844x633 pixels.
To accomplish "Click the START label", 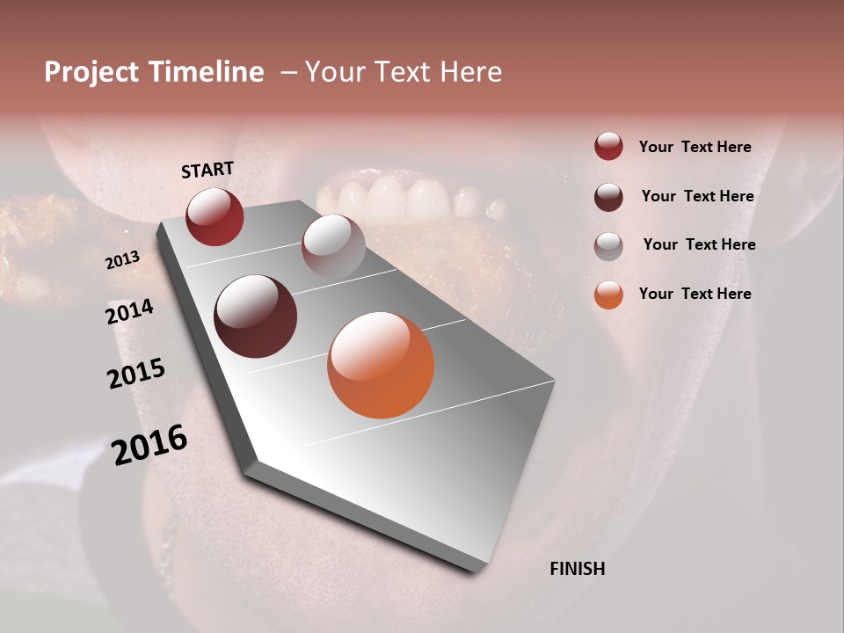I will [x=207, y=170].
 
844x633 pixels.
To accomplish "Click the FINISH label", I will [x=578, y=569].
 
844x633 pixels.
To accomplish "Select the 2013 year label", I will [x=122, y=260].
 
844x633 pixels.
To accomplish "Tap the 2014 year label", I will [x=130, y=312].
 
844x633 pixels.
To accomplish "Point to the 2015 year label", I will [x=136, y=374].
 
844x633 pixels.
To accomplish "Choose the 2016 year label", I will [x=150, y=445].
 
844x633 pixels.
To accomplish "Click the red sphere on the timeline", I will [x=215, y=216].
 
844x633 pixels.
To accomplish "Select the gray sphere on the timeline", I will [x=333, y=245].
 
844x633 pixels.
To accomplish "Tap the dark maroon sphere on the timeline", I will [x=256, y=316].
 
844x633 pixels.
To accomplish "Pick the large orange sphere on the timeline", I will [x=381, y=365].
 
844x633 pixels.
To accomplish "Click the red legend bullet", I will [x=608, y=147].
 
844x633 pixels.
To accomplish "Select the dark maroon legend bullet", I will [x=608, y=197].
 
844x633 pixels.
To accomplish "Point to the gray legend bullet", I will [x=608, y=246].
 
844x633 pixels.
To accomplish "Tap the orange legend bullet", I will [x=608, y=295].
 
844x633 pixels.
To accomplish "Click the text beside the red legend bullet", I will [x=695, y=147].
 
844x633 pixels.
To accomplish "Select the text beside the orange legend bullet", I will [x=695, y=294].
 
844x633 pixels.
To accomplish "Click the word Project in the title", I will [x=91, y=72].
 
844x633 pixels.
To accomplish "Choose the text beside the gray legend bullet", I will [x=699, y=244].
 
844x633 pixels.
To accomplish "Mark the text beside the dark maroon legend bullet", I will [x=697, y=196].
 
